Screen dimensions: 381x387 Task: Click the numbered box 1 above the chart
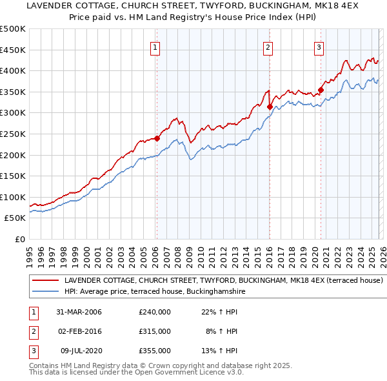point(156,46)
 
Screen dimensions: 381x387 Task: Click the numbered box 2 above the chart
point(268,46)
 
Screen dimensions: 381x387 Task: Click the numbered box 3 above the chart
point(319,46)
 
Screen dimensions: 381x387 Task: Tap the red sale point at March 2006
point(157,138)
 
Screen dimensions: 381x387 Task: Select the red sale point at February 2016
point(269,107)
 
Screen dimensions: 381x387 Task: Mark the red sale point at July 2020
point(321,90)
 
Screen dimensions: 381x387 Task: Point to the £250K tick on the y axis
point(13,134)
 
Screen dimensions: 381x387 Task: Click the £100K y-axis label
point(13,197)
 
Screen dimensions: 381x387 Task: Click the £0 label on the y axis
point(19,239)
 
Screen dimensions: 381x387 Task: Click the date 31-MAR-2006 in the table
point(79,312)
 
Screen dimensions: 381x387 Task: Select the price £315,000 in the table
point(155,331)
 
